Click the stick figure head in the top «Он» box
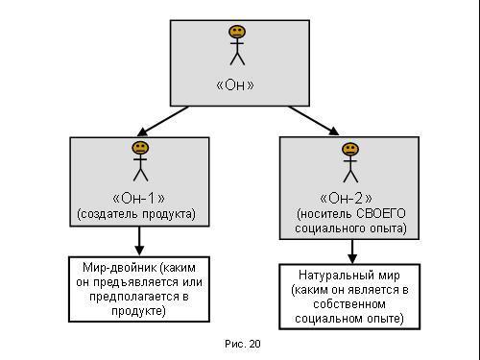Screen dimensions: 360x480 click(237, 33)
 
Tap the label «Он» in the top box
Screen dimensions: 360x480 click(237, 84)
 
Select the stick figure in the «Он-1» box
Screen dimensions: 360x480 click(140, 160)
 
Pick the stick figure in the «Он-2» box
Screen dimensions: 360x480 click(350, 161)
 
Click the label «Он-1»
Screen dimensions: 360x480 click(140, 198)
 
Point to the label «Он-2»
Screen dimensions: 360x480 click(350, 198)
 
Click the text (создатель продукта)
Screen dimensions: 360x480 click(140, 213)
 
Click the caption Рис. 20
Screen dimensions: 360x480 click(242, 343)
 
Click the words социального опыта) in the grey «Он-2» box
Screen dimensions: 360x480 click(350, 228)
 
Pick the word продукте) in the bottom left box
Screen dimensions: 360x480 click(140, 311)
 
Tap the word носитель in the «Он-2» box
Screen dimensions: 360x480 click(324, 213)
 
